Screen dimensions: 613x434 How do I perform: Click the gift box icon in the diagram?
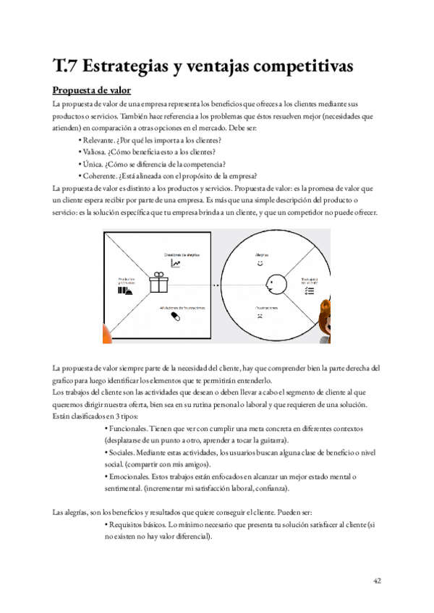coord(159,283)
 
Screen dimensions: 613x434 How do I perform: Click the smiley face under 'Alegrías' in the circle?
coord(260,265)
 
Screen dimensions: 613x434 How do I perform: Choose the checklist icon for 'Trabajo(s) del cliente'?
coord(309,290)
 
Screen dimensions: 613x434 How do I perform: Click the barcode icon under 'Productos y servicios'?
coord(125,291)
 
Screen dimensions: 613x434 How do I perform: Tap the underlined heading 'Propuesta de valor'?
coord(91,92)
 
